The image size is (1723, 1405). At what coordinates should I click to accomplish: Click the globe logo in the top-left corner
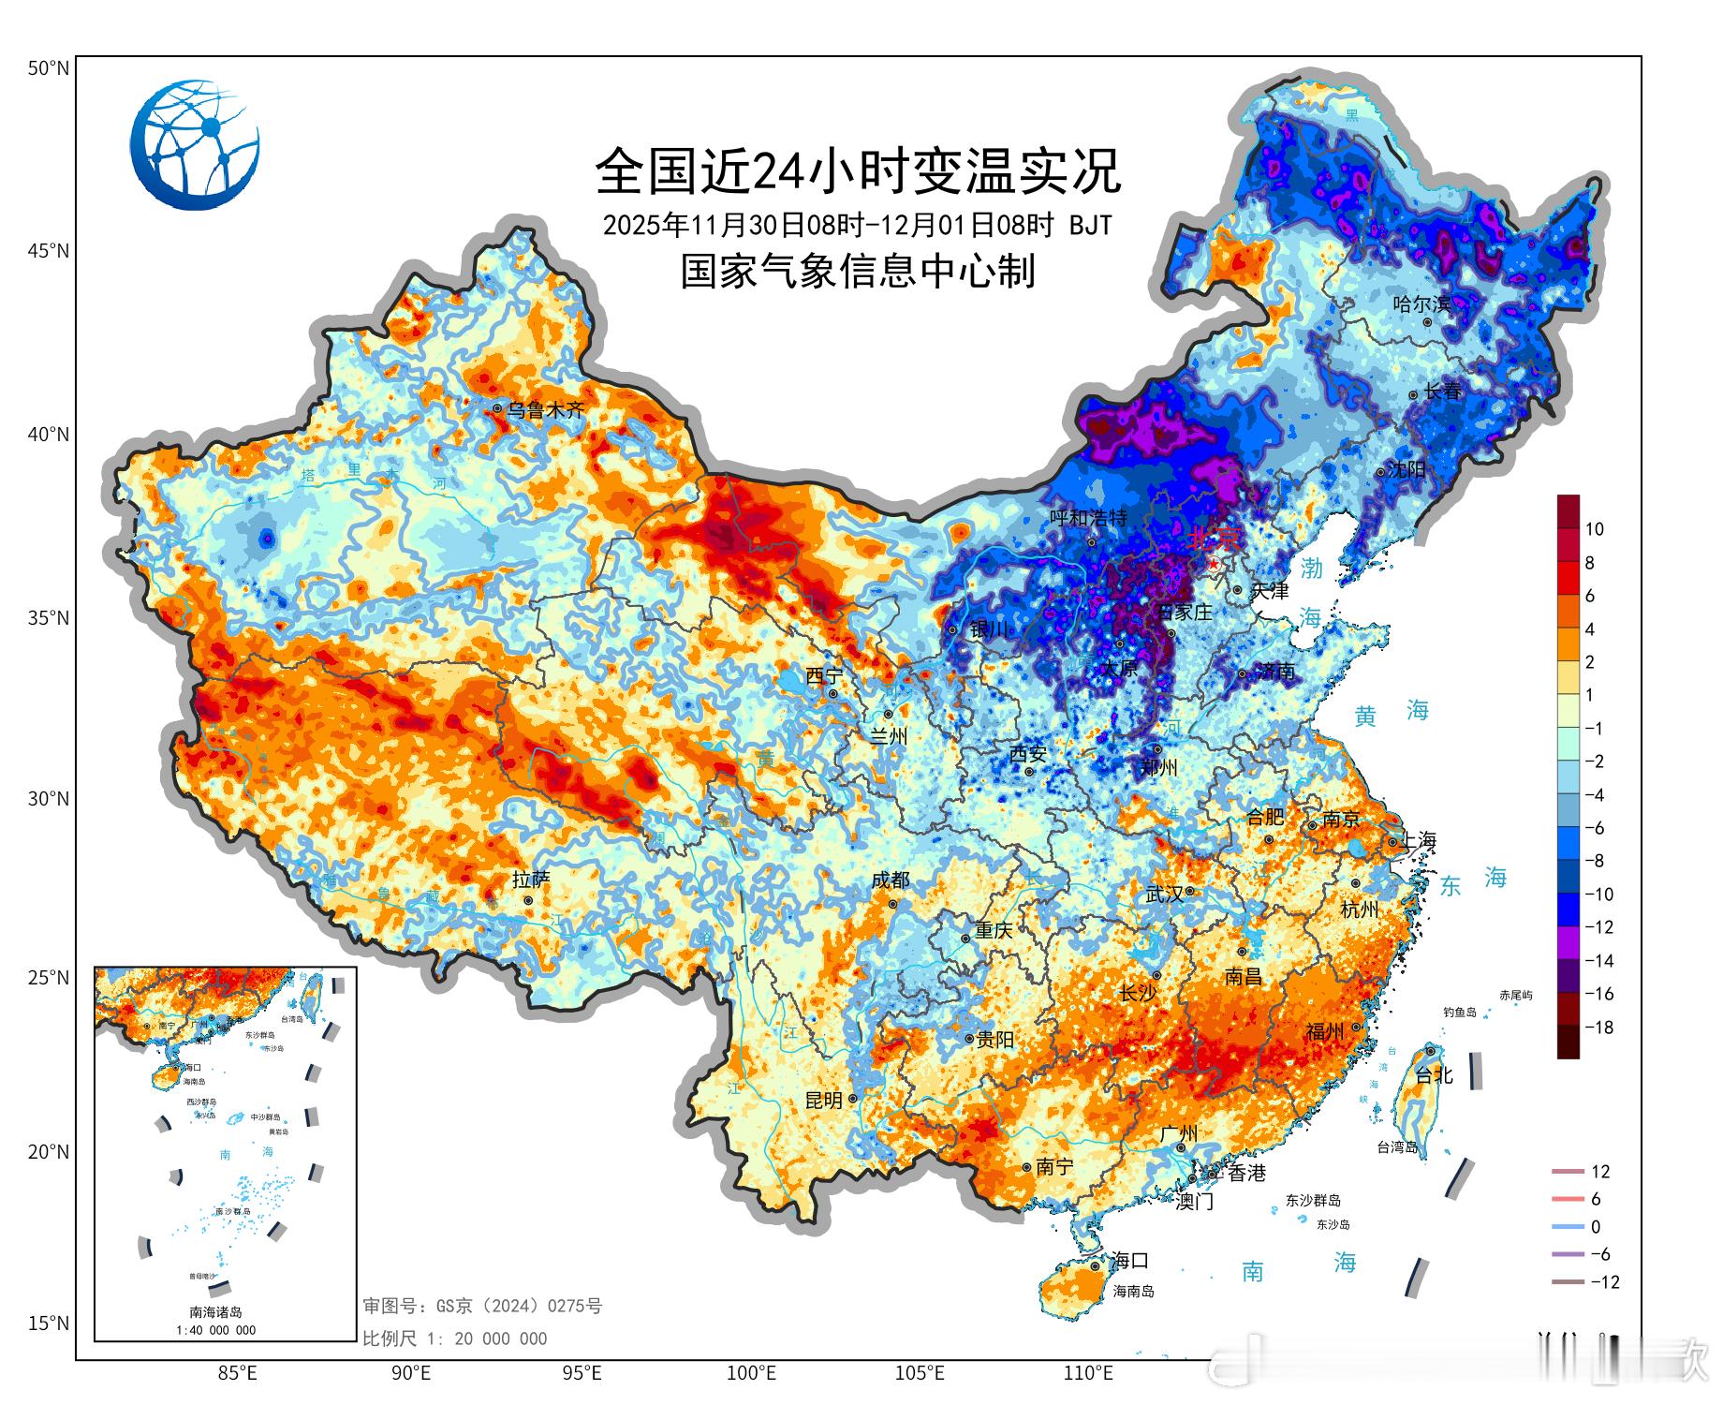(x=195, y=145)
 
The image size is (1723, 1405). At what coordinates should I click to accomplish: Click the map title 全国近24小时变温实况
(x=858, y=170)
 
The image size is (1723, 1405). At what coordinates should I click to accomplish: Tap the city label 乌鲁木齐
(x=545, y=410)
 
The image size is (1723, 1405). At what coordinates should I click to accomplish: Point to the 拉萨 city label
(x=531, y=880)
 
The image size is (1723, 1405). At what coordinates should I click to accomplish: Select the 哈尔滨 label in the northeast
(x=1421, y=303)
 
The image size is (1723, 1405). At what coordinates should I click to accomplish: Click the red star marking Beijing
(x=1215, y=565)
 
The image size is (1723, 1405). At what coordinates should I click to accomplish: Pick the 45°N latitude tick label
(x=48, y=251)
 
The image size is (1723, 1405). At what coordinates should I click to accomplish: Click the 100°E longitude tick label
(x=751, y=1374)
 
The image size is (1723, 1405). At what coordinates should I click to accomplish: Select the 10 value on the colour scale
(x=1594, y=529)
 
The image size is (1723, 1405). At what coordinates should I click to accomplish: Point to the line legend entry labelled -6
(x=1599, y=1254)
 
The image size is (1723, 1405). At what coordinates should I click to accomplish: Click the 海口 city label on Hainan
(x=1128, y=1261)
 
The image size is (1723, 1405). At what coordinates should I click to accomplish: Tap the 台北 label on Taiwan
(x=1434, y=1075)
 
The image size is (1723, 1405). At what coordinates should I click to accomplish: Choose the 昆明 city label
(x=824, y=1101)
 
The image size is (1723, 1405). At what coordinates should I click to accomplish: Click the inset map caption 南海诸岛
(x=215, y=1312)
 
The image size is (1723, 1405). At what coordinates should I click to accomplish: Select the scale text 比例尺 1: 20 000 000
(x=455, y=1338)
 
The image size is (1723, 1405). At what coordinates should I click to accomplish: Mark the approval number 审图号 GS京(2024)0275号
(x=482, y=1306)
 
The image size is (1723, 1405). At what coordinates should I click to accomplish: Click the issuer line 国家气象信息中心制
(x=858, y=272)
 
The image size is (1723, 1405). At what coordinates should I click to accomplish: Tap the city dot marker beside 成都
(x=892, y=904)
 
